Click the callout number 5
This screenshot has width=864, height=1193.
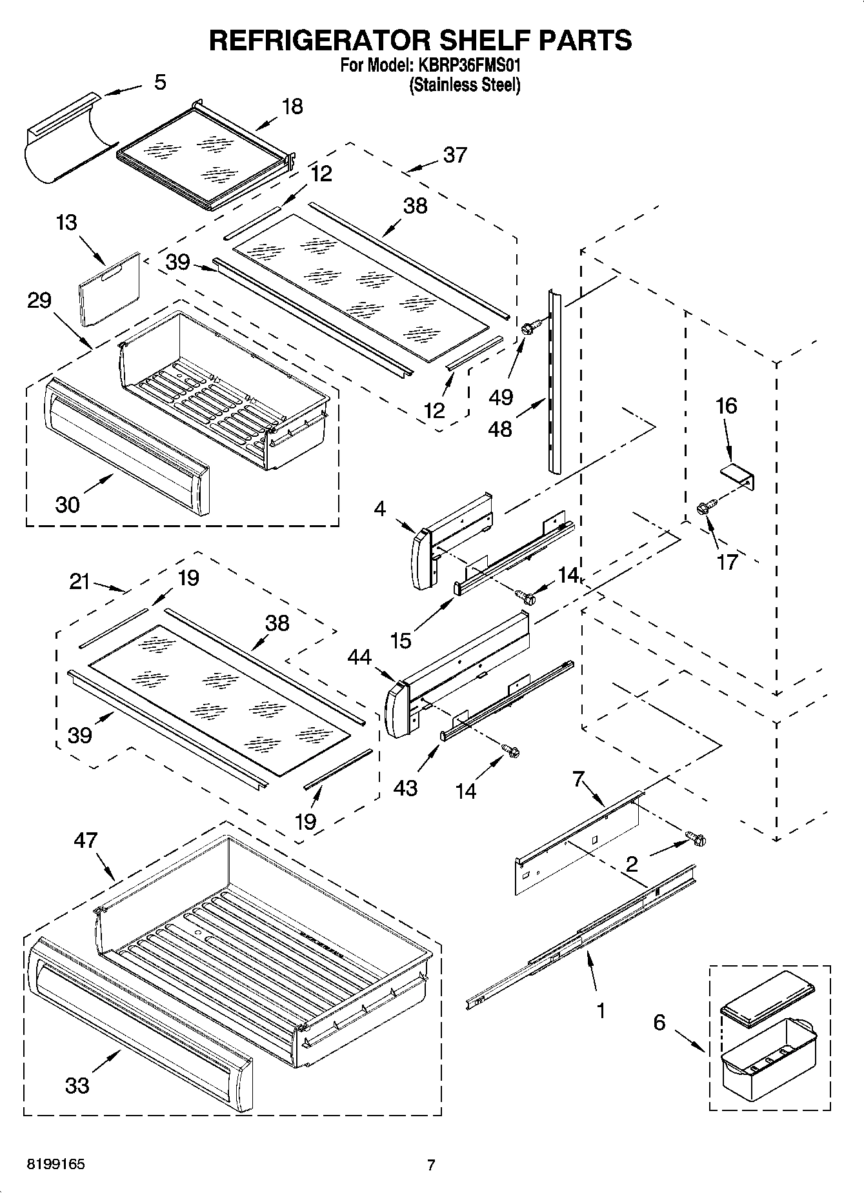(x=160, y=82)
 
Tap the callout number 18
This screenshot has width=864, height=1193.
(x=292, y=106)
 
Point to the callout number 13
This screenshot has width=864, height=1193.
(x=66, y=223)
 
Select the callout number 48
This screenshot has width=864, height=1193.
(x=500, y=428)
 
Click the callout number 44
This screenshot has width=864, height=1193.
(x=359, y=657)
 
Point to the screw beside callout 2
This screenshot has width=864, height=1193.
(x=697, y=839)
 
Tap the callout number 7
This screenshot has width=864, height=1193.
(x=579, y=779)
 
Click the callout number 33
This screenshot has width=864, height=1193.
(x=77, y=1085)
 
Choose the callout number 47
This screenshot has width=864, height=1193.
(x=85, y=840)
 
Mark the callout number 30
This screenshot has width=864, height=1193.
(x=67, y=504)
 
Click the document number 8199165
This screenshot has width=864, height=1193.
(x=55, y=1165)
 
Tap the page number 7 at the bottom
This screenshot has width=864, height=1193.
(x=431, y=1165)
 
